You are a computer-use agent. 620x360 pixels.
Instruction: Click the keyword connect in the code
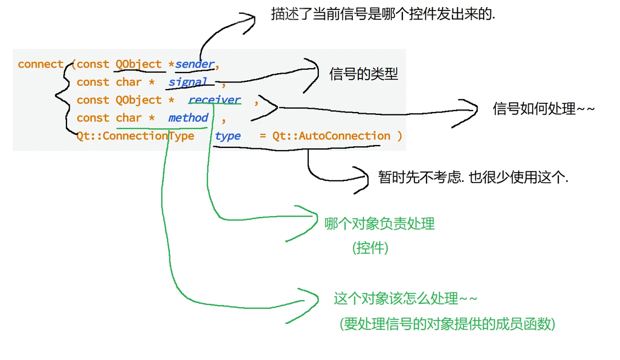tap(40, 64)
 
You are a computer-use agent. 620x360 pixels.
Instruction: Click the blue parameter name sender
tap(195, 64)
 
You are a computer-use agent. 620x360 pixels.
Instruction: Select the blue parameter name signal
tap(188, 82)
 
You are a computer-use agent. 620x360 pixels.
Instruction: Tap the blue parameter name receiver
tap(214, 100)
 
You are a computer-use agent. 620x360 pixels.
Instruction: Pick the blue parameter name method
tap(188, 118)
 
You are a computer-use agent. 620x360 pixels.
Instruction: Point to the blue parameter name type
tap(228, 136)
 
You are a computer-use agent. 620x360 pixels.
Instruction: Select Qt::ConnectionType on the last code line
tap(135, 136)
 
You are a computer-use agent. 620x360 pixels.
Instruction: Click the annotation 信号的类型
tap(364, 75)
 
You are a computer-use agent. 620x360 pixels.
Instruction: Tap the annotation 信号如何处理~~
tap(544, 109)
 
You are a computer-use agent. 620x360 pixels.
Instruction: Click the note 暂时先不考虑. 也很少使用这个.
tap(473, 177)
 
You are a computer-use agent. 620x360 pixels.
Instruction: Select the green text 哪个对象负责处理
tap(379, 224)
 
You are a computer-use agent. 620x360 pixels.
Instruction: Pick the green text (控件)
tap(370, 248)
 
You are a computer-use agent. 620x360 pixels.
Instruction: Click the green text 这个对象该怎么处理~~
tap(406, 299)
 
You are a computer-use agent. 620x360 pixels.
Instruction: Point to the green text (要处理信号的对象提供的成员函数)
tap(447, 324)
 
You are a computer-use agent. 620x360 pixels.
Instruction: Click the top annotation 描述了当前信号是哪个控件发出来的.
tap(383, 14)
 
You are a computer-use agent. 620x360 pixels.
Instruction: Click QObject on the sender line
tap(139, 64)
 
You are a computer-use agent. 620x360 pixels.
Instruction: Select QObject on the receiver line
tap(139, 100)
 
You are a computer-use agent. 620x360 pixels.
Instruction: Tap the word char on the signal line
tap(129, 82)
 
